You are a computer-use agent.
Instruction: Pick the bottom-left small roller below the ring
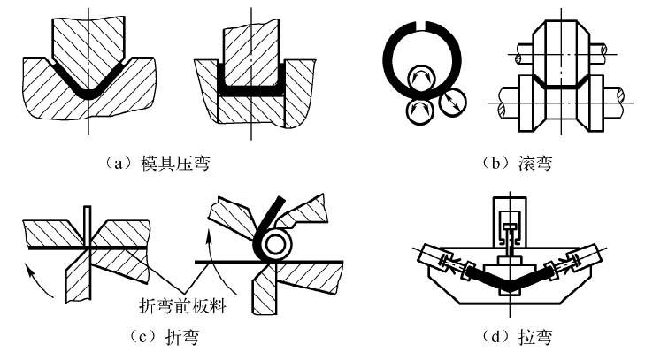(x=417, y=110)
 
